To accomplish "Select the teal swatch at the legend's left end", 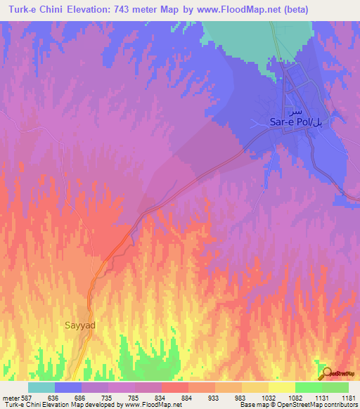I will click(41, 387).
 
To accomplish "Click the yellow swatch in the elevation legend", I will click(281, 387).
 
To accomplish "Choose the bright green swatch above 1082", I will click(308, 387).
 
